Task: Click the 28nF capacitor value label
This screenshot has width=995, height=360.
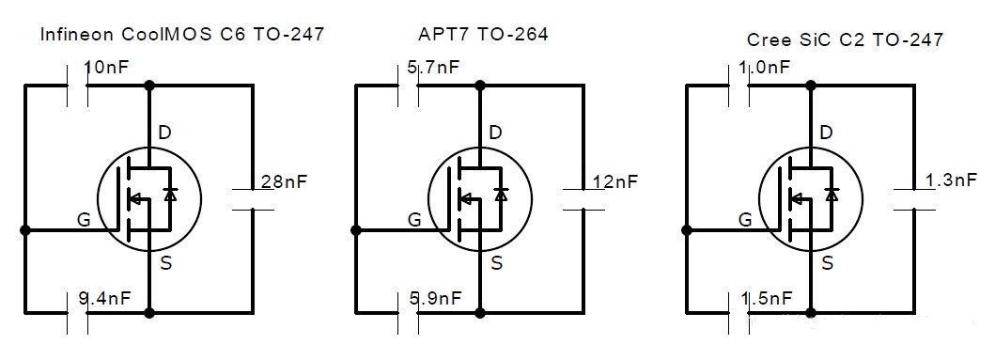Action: click(284, 181)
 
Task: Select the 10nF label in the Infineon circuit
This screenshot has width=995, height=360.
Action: click(106, 66)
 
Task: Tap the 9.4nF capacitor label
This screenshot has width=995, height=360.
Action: click(104, 297)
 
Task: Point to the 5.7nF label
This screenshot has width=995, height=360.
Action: click(433, 67)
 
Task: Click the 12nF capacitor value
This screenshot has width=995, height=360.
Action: click(614, 181)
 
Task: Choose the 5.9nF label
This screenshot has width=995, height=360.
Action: click(435, 297)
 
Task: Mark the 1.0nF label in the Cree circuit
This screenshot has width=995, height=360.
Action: click(765, 68)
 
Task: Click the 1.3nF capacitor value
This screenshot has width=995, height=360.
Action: click(951, 180)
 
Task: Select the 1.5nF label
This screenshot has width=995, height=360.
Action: click(766, 298)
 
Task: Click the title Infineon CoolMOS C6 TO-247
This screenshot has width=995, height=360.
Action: click(182, 34)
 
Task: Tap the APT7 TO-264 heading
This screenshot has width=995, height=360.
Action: click(483, 34)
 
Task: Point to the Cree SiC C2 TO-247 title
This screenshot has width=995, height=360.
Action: click(845, 40)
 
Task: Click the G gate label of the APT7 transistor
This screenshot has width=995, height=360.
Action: click(414, 220)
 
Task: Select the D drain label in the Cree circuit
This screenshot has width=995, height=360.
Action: click(827, 133)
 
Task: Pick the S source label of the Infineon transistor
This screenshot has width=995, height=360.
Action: click(165, 262)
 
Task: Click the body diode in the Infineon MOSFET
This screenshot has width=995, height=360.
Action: click(169, 195)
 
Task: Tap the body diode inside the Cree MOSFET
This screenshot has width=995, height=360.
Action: click(832, 195)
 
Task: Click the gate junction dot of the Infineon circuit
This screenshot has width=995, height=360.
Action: click(25, 230)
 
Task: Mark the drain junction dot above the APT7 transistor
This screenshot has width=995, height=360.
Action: click(480, 86)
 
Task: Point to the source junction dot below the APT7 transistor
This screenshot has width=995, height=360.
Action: click(480, 312)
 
